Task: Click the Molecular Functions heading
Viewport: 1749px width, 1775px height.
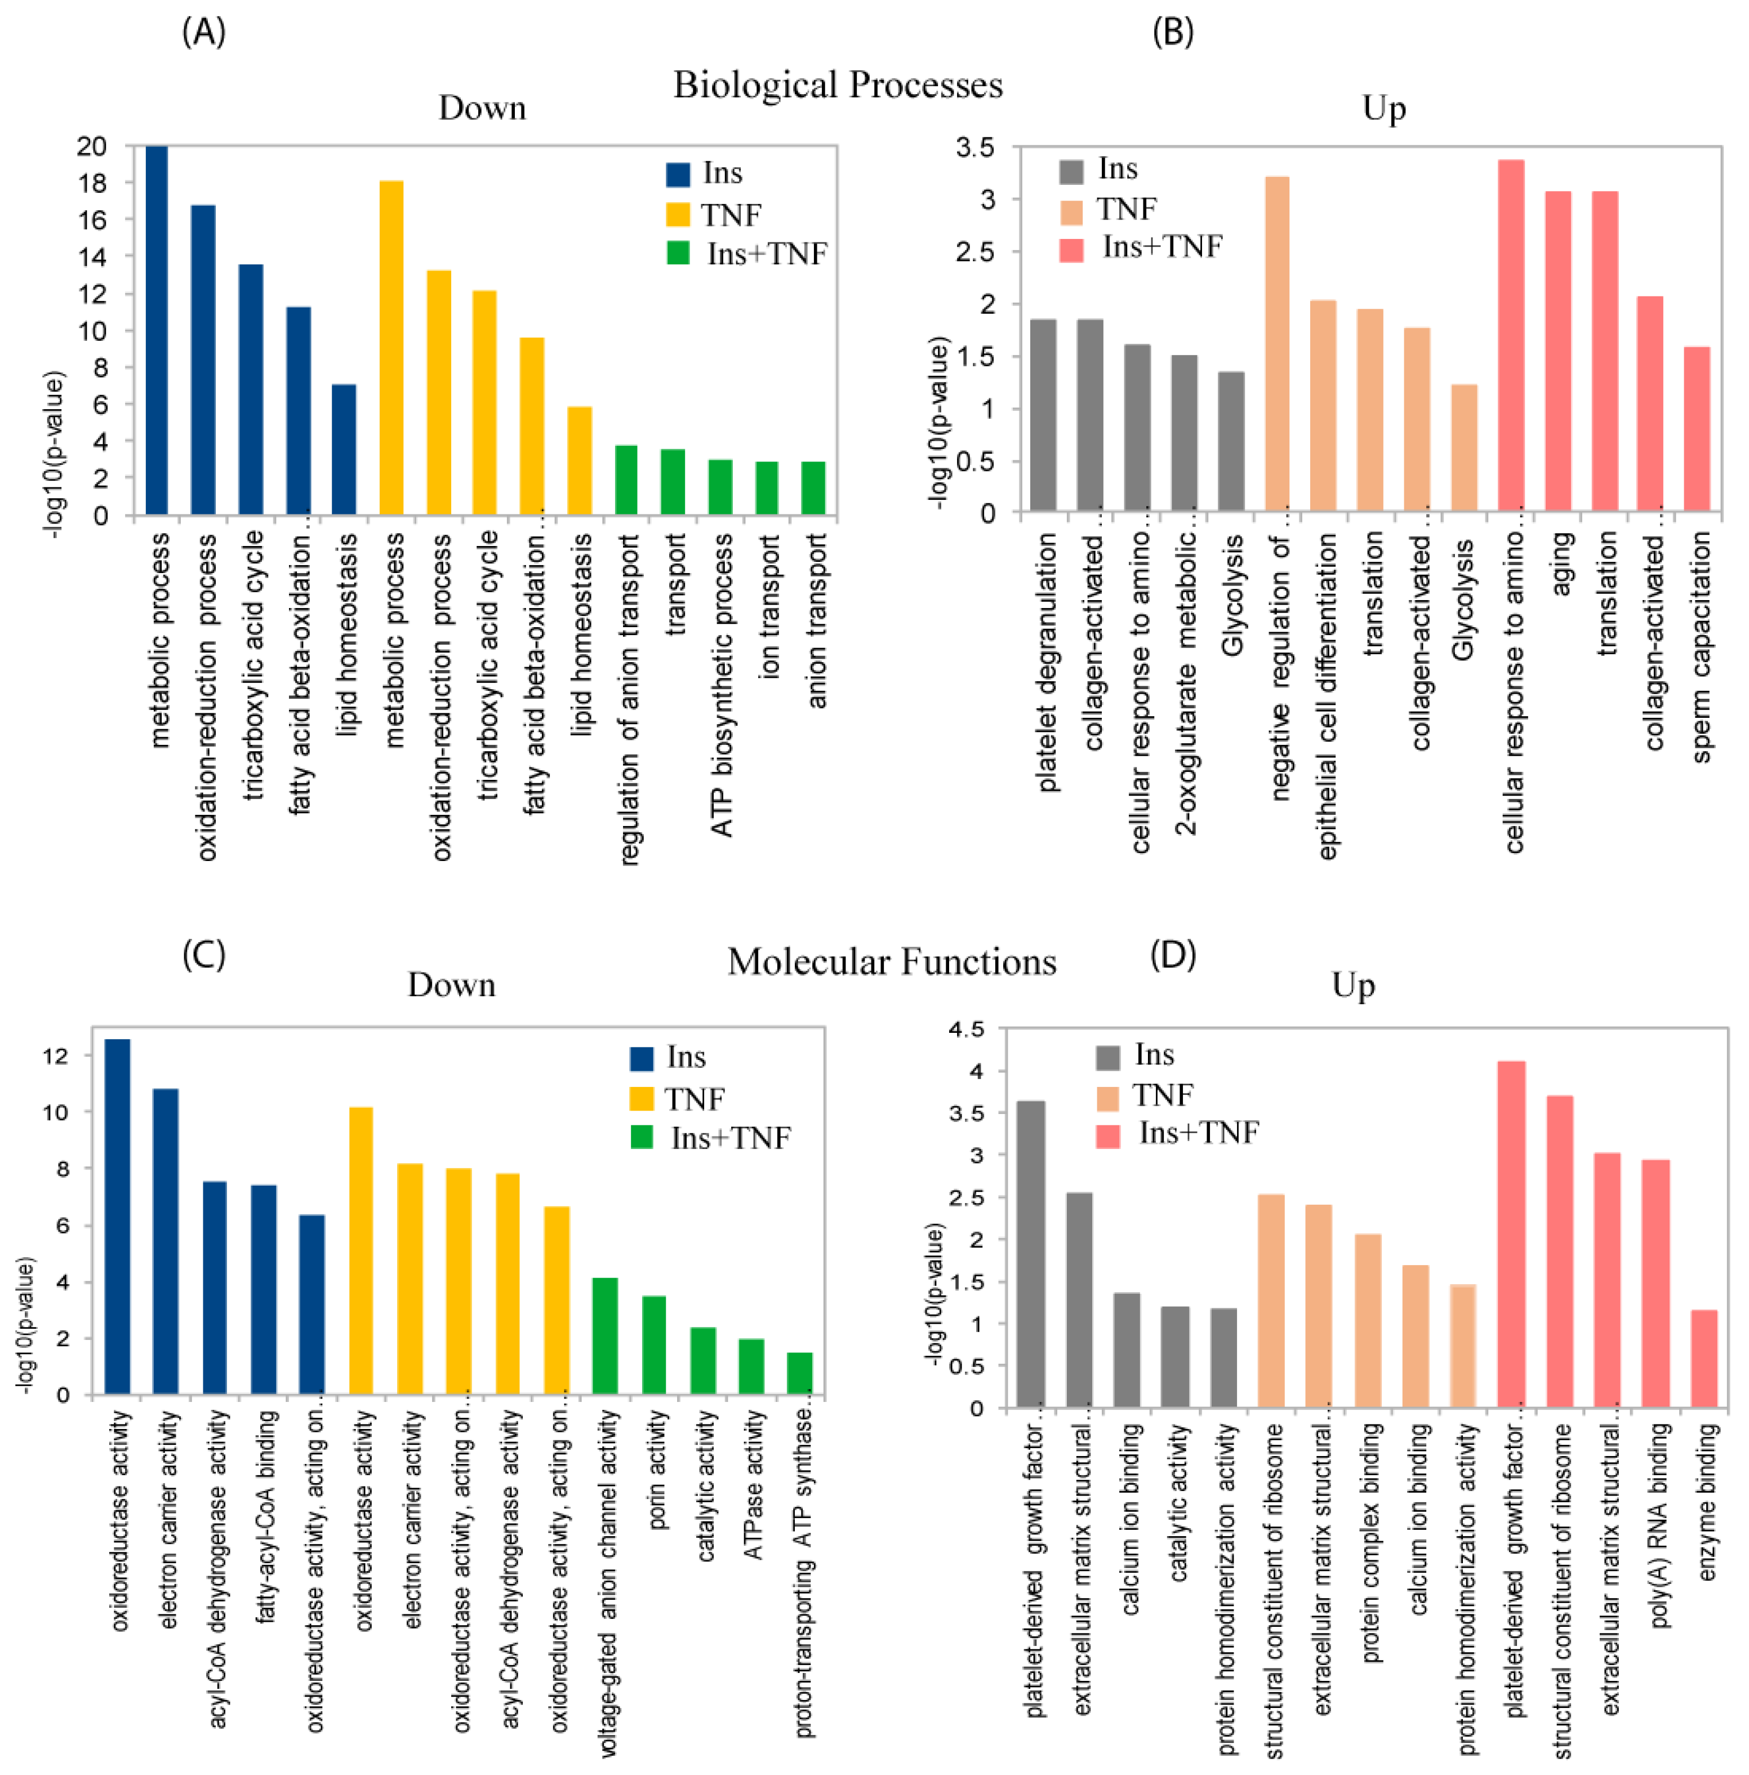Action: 891,962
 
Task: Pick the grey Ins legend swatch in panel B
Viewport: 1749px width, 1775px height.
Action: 1071,171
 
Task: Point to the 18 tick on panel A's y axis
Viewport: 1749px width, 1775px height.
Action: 92,183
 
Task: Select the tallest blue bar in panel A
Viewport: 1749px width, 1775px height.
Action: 157,331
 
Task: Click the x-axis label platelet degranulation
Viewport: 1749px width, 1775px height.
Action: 1046,662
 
